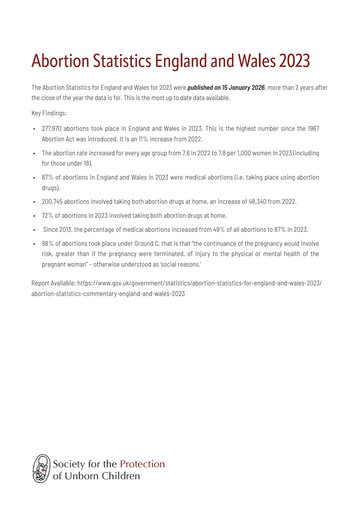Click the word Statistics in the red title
pyautogui.click(x=122, y=61)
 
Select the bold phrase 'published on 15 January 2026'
pyautogui.click(x=226, y=88)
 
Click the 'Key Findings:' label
pyautogui.click(x=49, y=113)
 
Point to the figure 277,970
pyautogui.click(x=52, y=129)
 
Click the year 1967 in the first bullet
pyautogui.click(x=313, y=129)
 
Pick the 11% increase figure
pyautogui.click(x=143, y=139)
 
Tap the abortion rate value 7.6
pyautogui.click(x=186, y=153)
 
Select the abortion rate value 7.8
pyautogui.click(x=222, y=153)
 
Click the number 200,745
pyautogui.click(x=52, y=202)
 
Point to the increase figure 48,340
pyautogui.click(x=257, y=202)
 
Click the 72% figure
pyautogui.click(x=47, y=216)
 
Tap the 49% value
pyautogui.click(x=219, y=230)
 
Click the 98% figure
pyautogui.click(x=47, y=244)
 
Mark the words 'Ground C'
pyautogui.click(x=147, y=244)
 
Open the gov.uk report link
pyautogui.click(x=199, y=283)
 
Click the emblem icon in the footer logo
pyautogui.click(x=41, y=469)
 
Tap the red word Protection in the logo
pyautogui.click(x=142, y=464)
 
